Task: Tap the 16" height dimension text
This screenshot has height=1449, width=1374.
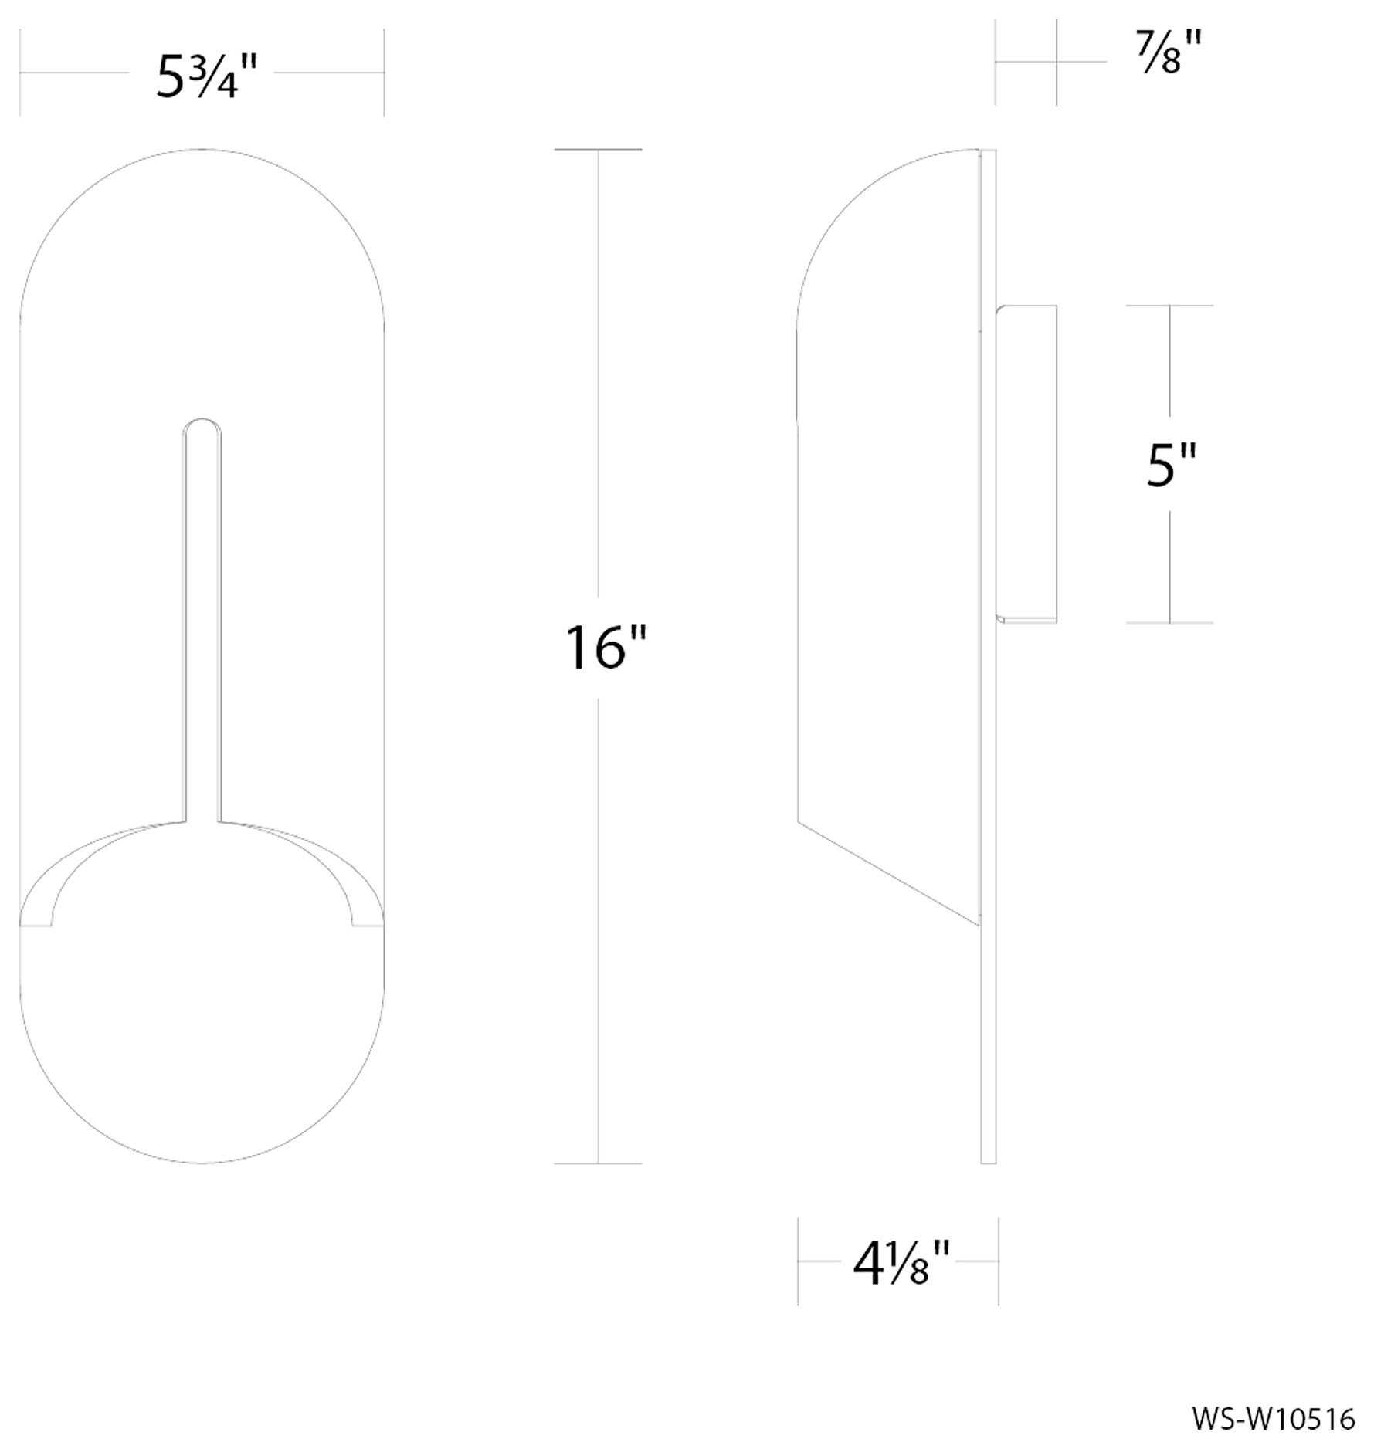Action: click(x=605, y=648)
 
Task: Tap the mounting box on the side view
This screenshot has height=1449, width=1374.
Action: click(x=1026, y=463)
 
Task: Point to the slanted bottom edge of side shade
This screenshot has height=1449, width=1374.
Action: click(x=888, y=872)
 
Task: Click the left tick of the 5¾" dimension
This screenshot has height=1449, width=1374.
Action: click(x=19, y=73)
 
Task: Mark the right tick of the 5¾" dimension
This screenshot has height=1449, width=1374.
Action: click(x=384, y=73)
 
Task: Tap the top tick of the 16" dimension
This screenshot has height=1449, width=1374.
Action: click(x=598, y=149)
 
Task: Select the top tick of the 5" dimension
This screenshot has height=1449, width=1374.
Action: click(x=1169, y=306)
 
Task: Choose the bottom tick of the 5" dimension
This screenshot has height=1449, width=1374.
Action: click(x=1169, y=622)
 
